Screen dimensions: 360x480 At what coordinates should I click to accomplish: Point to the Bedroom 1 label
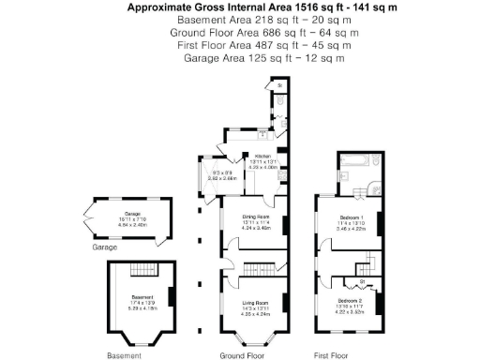point(352,217)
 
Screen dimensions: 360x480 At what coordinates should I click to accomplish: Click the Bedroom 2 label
point(352,300)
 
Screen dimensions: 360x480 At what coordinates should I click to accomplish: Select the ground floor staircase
point(253,270)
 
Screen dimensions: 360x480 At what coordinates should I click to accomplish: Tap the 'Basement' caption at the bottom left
point(125,355)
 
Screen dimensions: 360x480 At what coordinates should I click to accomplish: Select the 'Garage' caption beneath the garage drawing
point(104,247)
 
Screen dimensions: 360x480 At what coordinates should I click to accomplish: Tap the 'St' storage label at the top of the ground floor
point(280,87)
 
